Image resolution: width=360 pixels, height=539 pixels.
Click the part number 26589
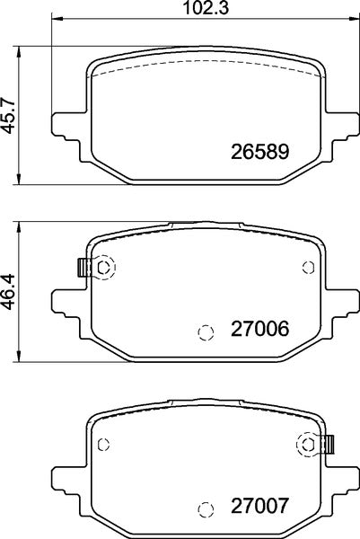(x=261, y=150)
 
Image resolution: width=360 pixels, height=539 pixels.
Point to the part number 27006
(x=261, y=330)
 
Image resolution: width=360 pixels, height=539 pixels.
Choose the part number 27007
(x=261, y=506)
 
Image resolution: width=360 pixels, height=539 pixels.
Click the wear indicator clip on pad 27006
(x=83, y=267)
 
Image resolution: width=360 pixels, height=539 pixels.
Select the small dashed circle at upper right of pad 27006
(x=309, y=266)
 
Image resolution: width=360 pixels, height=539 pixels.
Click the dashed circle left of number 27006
(x=205, y=332)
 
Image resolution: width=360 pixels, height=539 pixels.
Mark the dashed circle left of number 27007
(x=205, y=508)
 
